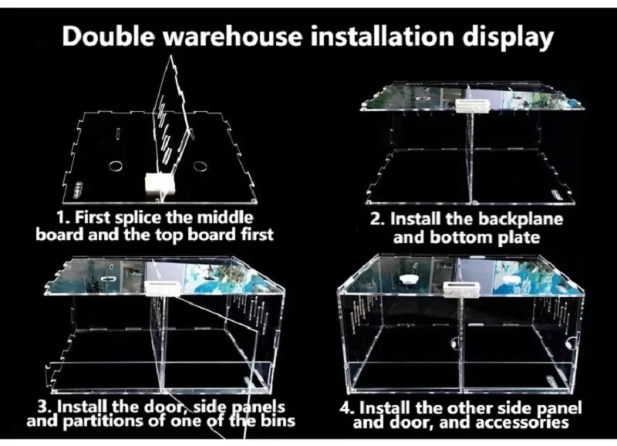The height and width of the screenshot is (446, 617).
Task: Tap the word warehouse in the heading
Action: [x=232, y=35]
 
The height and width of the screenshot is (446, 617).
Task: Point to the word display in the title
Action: [x=508, y=37]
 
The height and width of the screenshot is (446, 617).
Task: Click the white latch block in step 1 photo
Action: [x=160, y=183]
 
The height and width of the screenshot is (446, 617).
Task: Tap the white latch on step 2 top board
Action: [x=473, y=105]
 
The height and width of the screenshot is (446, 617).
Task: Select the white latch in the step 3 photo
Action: [x=163, y=288]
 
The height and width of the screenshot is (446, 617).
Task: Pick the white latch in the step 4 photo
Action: [x=461, y=289]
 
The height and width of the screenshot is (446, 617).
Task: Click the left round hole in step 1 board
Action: [x=116, y=166]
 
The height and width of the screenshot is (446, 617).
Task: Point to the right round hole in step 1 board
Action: [x=200, y=166]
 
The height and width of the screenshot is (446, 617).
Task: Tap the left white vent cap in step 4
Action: [x=410, y=279]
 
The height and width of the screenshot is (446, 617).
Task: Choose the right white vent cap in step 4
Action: [x=514, y=281]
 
